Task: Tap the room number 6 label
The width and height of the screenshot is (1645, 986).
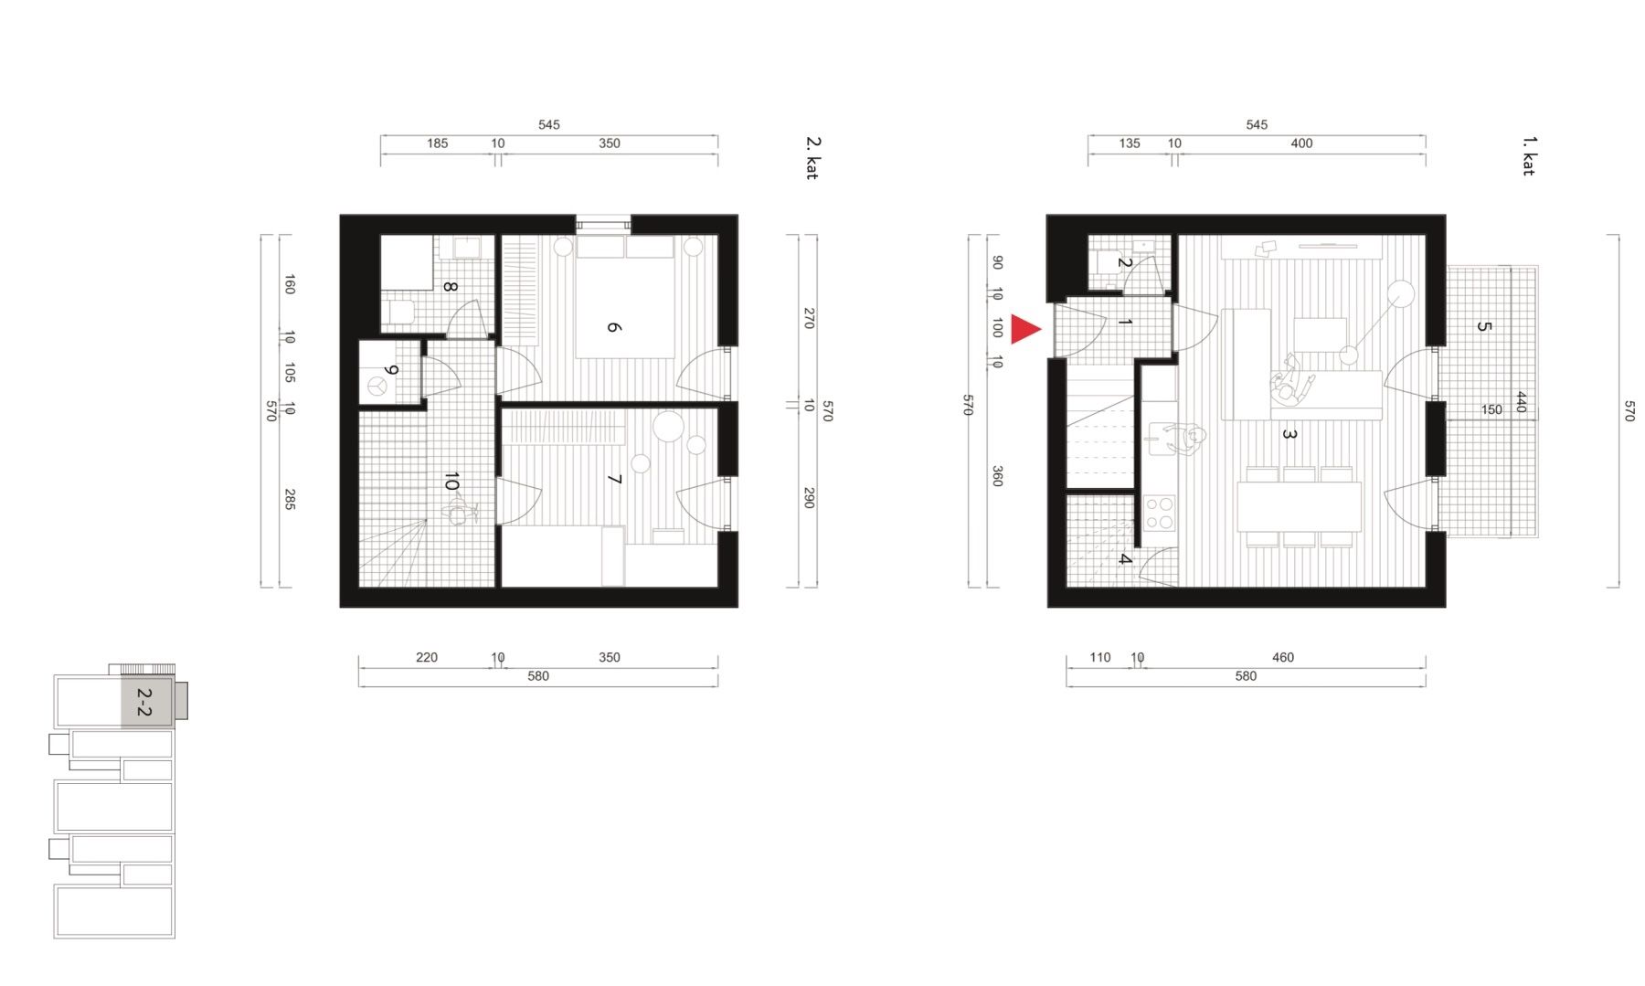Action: pyautogui.click(x=614, y=327)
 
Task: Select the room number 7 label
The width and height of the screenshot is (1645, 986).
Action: pyautogui.click(x=614, y=479)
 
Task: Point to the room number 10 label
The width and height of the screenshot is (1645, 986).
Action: pyautogui.click(x=451, y=482)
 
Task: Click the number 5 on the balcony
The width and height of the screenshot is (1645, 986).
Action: pyautogui.click(x=1483, y=326)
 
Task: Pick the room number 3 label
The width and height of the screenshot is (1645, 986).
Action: pyautogui.click(x=1289, y=434)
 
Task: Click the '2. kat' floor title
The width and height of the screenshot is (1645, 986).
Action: pyautogui.click(x=812, y=158)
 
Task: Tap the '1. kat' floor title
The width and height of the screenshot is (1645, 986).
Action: pyautogui.click(x=1528, y=156)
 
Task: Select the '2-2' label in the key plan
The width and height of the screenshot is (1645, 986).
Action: pyautogui.click(x=143, y=702)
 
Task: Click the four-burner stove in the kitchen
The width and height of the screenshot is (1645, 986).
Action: pyautogui.click(x=1160, y=513)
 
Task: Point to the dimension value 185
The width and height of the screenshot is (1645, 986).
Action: pyautogui.click(x=438, y=143)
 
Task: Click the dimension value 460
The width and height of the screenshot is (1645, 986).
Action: pyautogui.click(x=1283, y=657)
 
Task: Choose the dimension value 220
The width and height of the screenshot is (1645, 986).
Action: pyautogui.click(x=427, y=657)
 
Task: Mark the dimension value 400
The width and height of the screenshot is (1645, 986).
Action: pyautogui.click(x=1301, y=143)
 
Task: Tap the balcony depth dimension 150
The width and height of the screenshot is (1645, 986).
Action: pyautogui.click(x=1491, y=409)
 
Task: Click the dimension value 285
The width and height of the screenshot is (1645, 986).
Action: pyautogui.click(x=290, y=499)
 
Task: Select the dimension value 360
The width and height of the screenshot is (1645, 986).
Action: pyautogui.click(x=997, y=476)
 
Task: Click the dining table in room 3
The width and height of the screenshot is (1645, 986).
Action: pyautogui.click(x=1299, y=505)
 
